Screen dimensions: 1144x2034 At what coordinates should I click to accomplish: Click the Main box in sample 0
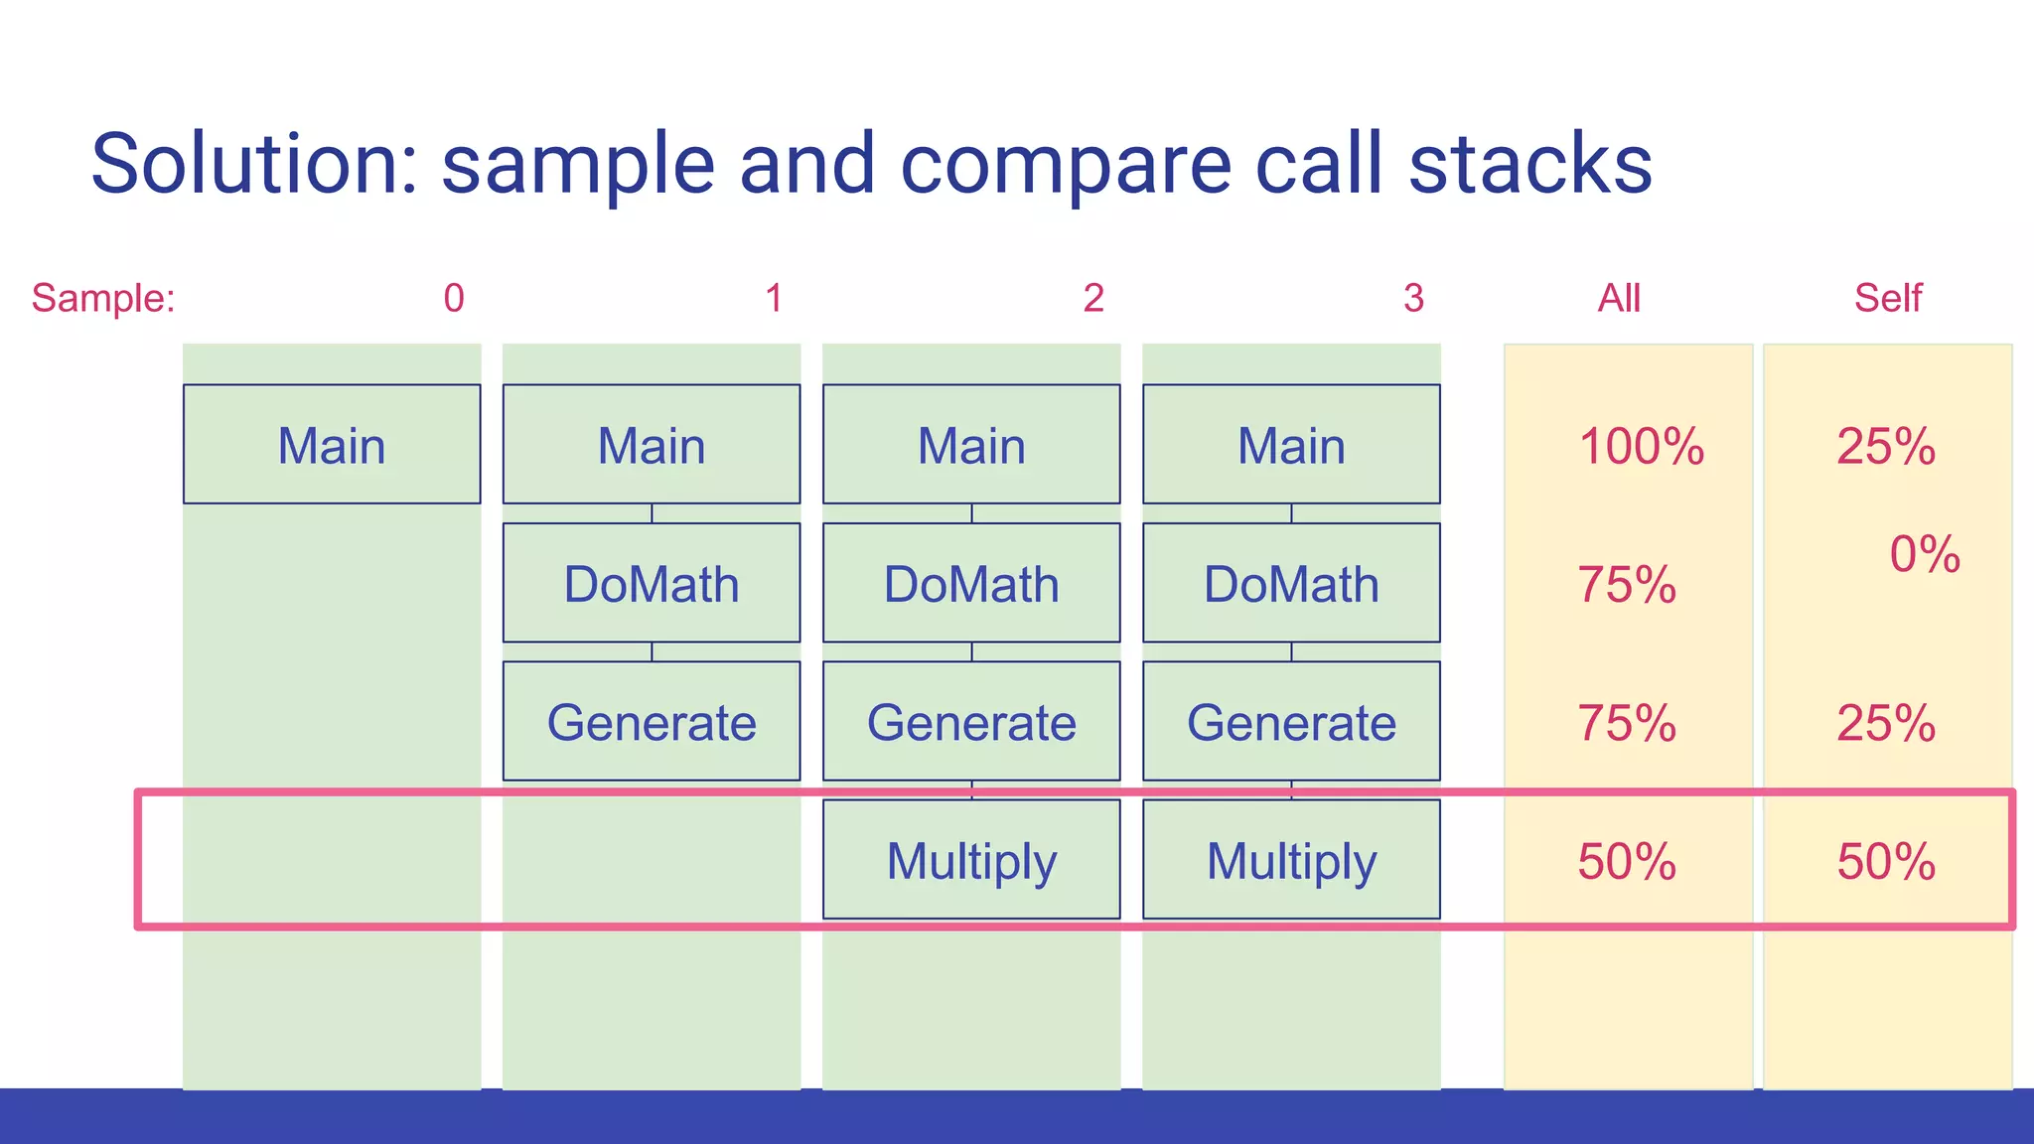click(332, 444)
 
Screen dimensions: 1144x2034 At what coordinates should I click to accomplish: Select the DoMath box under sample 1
click(652, 583)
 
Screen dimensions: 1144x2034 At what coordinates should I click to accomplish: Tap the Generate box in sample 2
click(971, 722)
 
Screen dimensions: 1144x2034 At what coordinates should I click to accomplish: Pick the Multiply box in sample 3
click(1291, 860)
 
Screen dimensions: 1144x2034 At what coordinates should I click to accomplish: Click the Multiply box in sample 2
click(971, 860)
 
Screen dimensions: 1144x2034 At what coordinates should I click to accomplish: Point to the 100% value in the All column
click(1641, 446)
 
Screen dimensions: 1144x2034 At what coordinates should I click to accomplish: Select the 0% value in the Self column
click(1924, 554)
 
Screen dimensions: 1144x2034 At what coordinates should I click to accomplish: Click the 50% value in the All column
click(1627, 861)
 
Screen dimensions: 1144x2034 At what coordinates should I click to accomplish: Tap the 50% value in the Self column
click(1885, 861)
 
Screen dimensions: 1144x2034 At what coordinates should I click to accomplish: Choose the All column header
click(1618, 298)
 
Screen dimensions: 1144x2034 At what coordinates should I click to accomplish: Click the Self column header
click(1887, 298)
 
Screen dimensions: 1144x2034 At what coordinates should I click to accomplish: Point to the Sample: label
click(103, 298)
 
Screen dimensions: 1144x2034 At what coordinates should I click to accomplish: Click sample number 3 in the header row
click(1413, 298)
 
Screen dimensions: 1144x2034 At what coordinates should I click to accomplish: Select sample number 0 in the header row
click(454, 298)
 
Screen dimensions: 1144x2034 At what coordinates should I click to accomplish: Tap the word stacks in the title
click(1529, 164)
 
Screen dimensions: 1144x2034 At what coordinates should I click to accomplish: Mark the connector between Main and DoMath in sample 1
click(652, 513)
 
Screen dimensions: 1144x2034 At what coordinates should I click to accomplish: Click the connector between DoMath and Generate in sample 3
click(1291, 651)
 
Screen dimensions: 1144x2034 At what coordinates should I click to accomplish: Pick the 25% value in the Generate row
click(1885, 723)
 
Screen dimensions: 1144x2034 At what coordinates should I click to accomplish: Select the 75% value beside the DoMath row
click(1627, 584)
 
